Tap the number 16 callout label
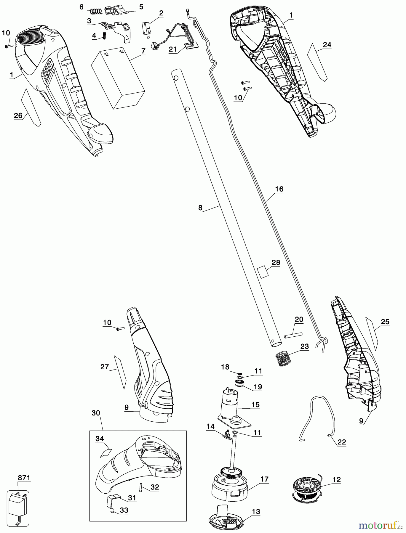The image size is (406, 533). coord(279,189)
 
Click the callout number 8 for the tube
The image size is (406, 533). coord(200,208)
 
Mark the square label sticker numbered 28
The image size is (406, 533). coord(262,271)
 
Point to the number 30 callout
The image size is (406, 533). coord(95,413)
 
